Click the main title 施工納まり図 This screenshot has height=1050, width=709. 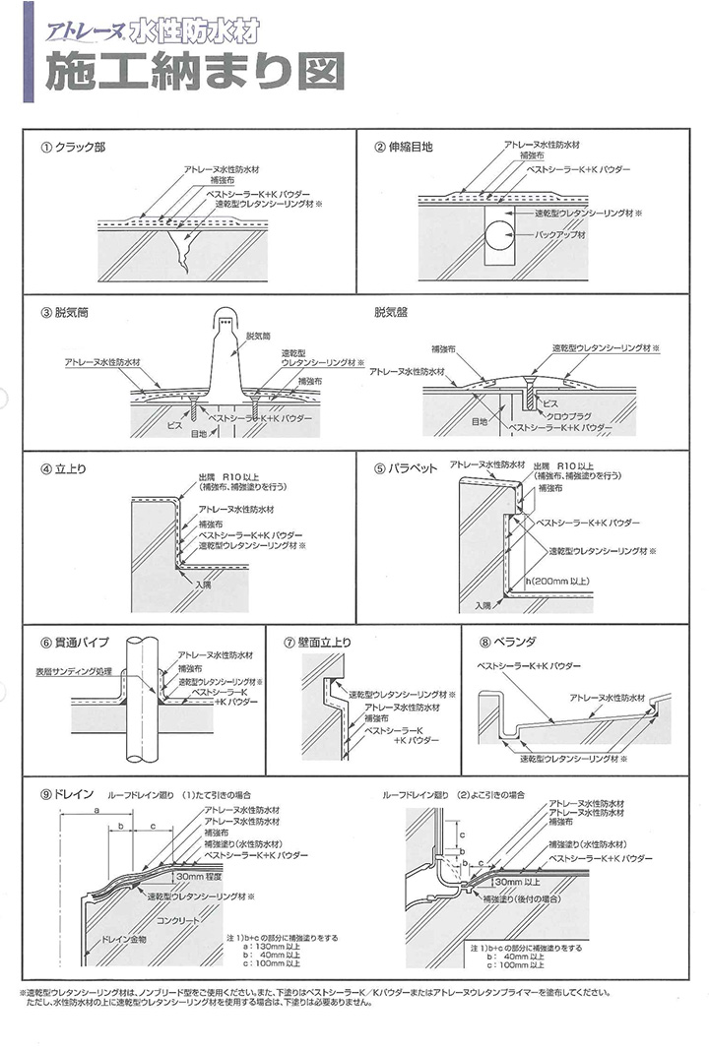pos(193,72)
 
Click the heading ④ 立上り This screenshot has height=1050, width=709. pos(63,467)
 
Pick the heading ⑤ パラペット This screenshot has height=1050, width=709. pos(406,469)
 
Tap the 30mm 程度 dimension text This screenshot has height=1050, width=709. pos(198,875)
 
